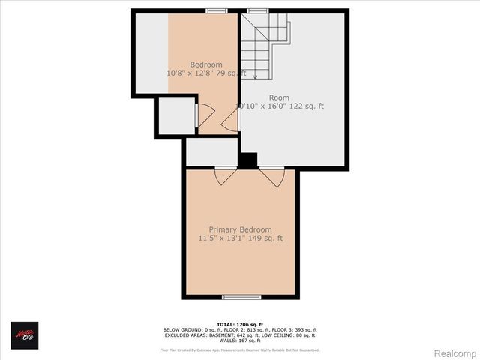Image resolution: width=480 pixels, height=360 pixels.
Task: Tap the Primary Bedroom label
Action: pyautogui.click(x=240, y=229)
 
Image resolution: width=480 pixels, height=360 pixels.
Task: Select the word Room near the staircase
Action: pyautogui.click(x=279, y=97)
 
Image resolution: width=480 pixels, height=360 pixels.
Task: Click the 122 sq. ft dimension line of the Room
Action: pyautogui.click(x=280, y=106)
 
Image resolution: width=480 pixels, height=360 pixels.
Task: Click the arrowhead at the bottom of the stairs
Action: pyautogui.click(x=256, y=76)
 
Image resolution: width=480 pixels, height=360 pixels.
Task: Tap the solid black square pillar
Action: pyautogui.click(x=247, y=160)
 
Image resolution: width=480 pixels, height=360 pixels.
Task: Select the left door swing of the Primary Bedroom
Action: pyautogui.click(x=224, y=177)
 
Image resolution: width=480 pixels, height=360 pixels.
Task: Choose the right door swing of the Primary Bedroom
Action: pyautogui.click(x=272, y=177)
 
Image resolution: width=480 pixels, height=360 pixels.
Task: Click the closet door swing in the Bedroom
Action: pyautogui.click(x=205, y=115)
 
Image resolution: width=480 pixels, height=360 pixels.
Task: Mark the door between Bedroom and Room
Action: pyautogui.click(x=230, y=121)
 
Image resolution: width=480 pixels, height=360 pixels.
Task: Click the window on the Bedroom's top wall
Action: pyautogui.click(x=217, y=10)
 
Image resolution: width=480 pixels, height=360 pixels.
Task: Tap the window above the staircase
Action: pyautogui.click(x=258, y=10)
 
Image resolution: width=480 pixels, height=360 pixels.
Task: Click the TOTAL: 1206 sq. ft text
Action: pyautogui.click(x=240, y=323)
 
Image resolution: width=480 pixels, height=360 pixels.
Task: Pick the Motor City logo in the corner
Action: pyautogui.click(x=24, y=334)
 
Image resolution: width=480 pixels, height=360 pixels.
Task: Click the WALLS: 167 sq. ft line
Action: pyautogui.click(x=240, y=341)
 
